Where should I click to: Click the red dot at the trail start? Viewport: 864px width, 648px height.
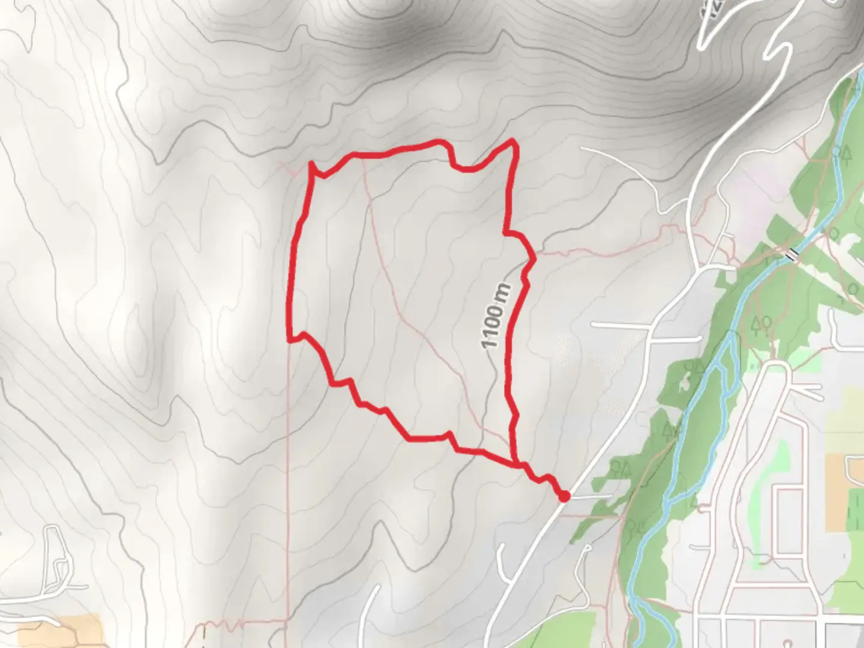pos(564,496)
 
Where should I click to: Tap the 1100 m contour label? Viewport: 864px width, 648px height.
pos(496,316)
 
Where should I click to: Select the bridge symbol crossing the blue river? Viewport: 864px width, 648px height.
pos(794,255)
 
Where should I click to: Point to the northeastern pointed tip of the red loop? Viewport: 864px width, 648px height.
pos(512,141)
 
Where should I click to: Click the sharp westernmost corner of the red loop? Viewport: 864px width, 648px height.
pos(290,340)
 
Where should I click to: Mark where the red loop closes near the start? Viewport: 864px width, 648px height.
pos(516,463)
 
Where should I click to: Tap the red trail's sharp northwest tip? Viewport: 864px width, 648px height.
pos(311,163)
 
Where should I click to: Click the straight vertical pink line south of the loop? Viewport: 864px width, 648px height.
pos(288,480)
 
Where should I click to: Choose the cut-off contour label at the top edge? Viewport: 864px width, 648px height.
pos(714,9)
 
